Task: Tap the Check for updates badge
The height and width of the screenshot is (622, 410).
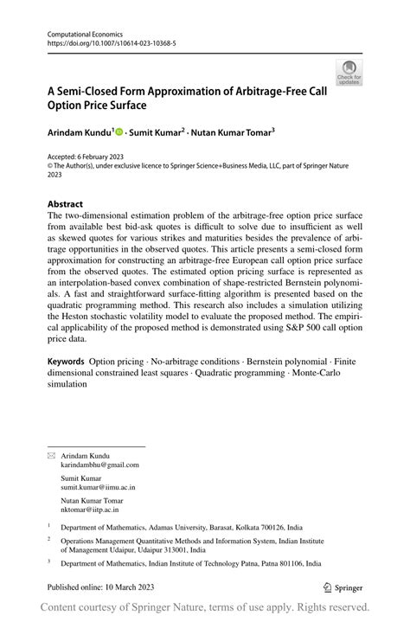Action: click(x=349, y=72)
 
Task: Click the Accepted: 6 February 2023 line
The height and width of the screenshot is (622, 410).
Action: click(x=93, y=158)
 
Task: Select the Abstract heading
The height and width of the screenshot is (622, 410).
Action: click(x=66, y=204)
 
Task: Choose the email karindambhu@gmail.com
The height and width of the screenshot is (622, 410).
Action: click(x=99, y=465)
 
